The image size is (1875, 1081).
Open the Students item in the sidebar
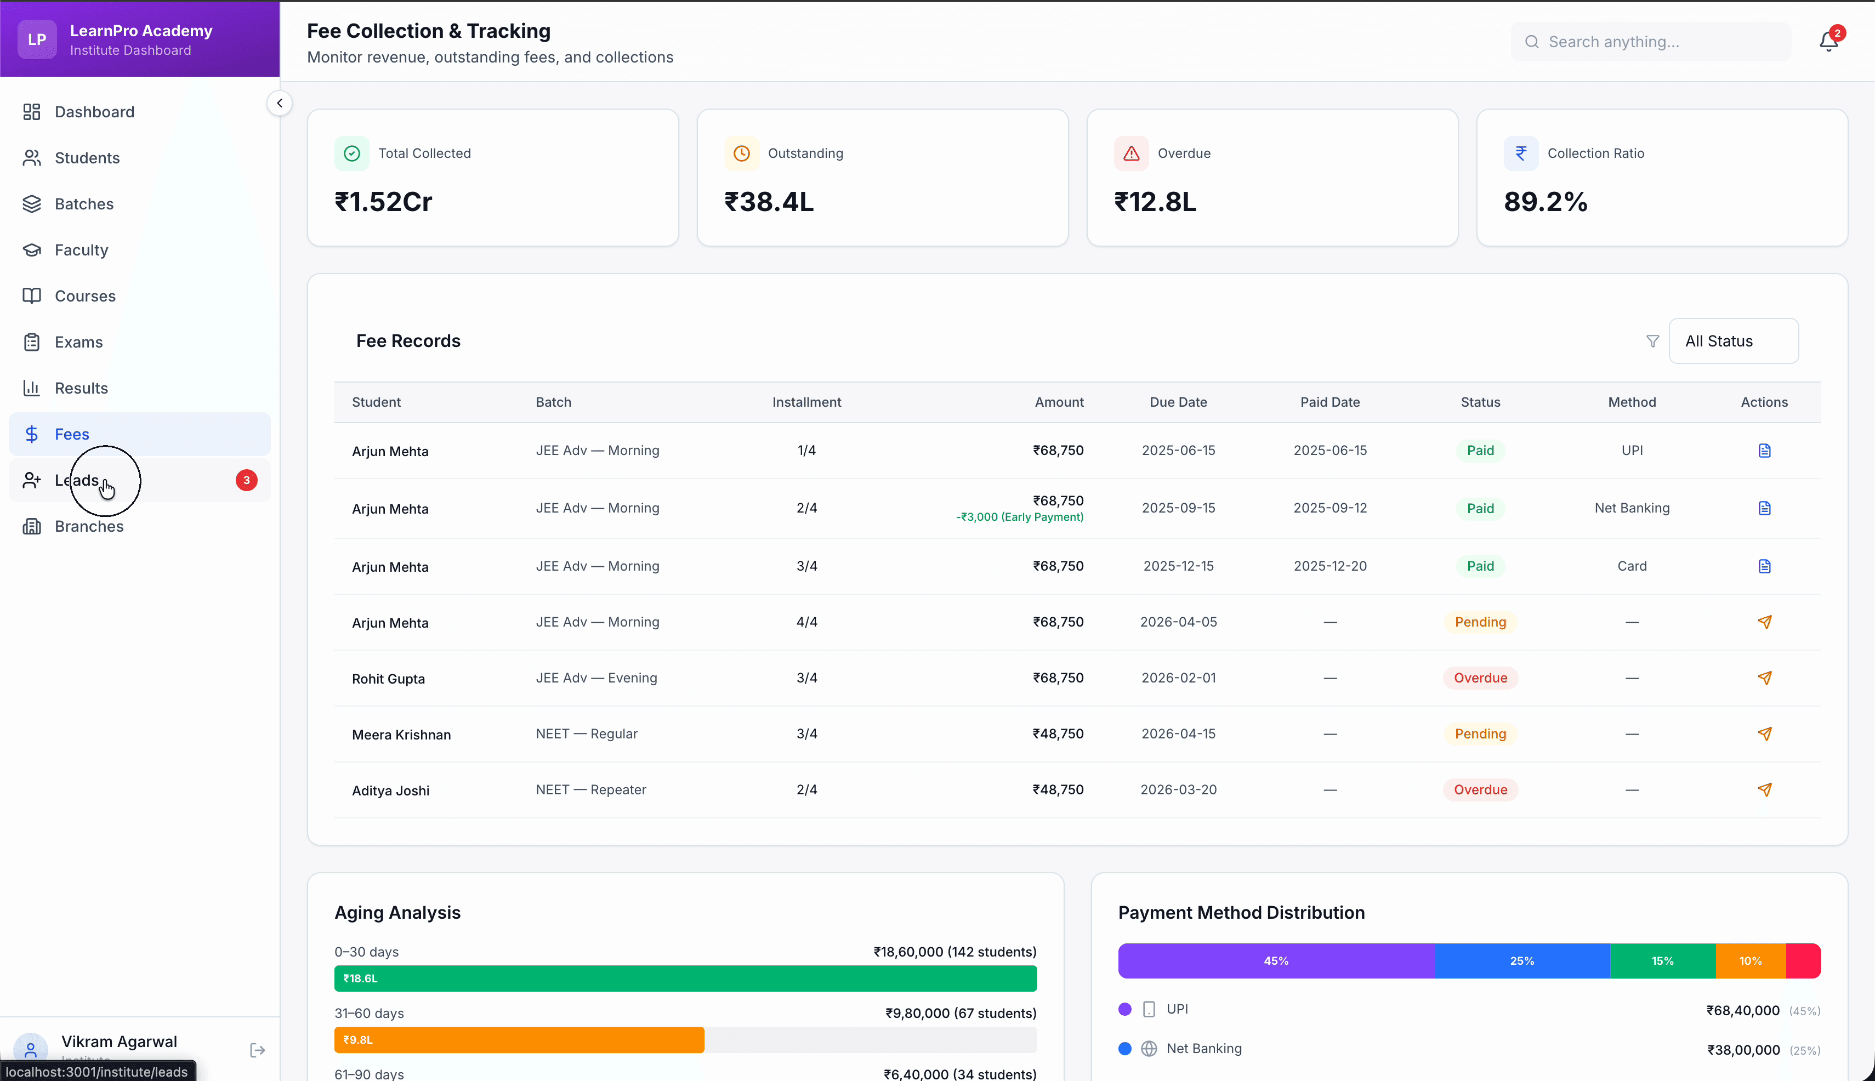coord(86,157)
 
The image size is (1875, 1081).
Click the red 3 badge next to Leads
coord(247,480)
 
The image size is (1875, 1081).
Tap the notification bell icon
coord(1828,42)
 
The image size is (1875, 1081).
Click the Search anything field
coord(1650,42)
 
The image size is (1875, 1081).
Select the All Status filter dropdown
coord(1732,341)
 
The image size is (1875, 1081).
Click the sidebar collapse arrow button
coord(279,103)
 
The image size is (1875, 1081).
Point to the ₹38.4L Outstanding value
coord(769,202)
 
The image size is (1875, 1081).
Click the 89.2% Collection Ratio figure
coord(1546,202)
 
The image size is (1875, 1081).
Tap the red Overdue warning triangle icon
coord(1131,153)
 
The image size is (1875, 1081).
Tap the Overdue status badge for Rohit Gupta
coord(1480,678)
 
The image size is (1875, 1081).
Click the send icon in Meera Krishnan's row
coord(1764,733)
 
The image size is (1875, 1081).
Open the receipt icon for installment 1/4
coord(1764,451)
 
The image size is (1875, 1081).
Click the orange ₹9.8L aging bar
coord(518,1039)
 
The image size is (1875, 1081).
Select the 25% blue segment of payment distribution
coord(1521,961)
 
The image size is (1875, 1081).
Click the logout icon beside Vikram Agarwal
coord(257,1050)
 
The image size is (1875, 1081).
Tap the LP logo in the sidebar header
coord(36,39)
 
